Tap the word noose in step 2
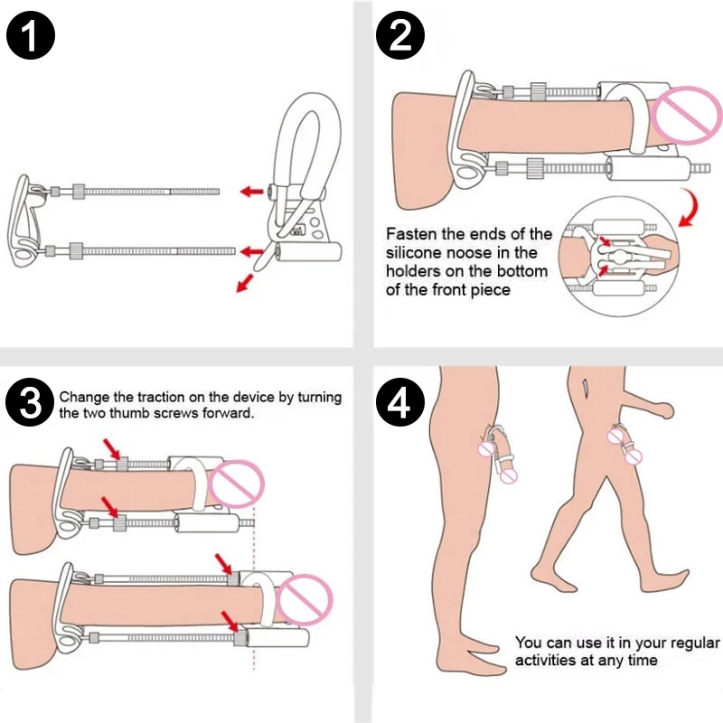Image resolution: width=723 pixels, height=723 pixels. click(x=476, y=252)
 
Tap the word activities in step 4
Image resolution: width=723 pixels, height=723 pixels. click(x=547, y=661)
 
